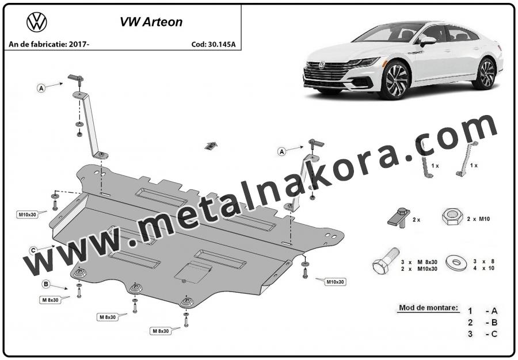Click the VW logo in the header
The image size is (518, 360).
(x=37, y=22)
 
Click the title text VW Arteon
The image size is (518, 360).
(x=151, y=22)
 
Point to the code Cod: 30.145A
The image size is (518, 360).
(x=214, y=44)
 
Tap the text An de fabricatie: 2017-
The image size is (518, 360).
(x=49, y=44)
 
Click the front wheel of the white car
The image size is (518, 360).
(x=395, y=81)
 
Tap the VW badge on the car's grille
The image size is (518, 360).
(x=321, y=66)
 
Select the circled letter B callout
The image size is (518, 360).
(x=46, y=284)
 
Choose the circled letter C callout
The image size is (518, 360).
(x=33, y=251)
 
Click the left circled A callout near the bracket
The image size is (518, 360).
(x=41, y=88)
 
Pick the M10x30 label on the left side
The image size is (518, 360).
(x=27, y=215)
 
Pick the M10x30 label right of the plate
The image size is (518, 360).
(x=336, y=282)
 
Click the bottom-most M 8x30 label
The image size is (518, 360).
(x=161, y=331)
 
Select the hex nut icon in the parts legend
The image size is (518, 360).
(x=452, y=217)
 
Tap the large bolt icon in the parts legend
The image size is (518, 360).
(x=386, y=261)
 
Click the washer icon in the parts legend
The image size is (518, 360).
(x=456, y=263)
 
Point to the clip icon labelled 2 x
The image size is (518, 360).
(x=399, y=218)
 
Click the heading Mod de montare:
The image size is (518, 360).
(x=428, y=308)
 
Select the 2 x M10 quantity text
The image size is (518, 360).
(x=478, y=219)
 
